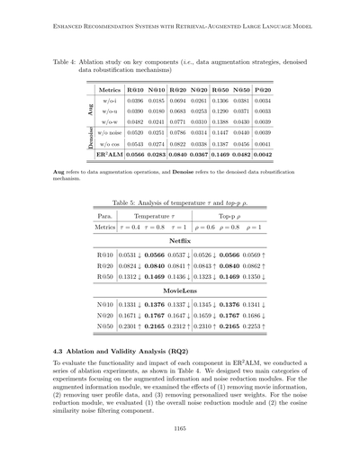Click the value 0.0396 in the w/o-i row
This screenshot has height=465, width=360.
click(x=136, y=103)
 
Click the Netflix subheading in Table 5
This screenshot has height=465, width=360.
click(x=180, y=240)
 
